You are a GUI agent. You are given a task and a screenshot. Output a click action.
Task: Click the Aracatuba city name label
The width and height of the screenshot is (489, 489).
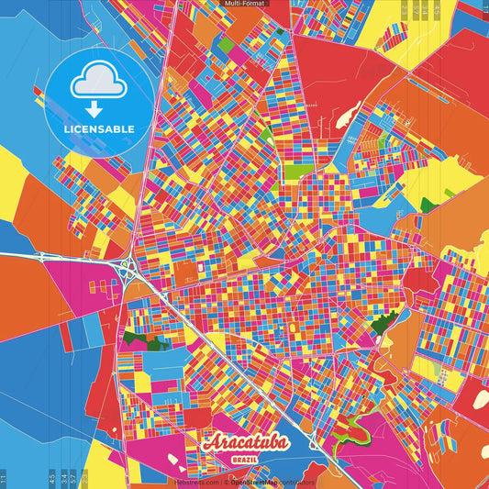tap(244, 443)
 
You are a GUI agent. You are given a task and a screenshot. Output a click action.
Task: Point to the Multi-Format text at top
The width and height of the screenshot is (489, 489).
tap(244, 5)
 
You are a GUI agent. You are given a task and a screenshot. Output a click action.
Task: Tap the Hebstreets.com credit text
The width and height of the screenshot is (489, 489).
tap(197, 481)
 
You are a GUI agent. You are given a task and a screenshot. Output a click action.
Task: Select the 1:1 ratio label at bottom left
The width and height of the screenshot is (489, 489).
tap(4, 478)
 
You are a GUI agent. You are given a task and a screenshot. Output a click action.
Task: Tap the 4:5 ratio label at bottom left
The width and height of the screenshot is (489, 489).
tap(52, 478)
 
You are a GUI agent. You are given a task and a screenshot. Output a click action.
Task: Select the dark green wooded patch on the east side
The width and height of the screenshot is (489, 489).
tap(383, 322)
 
